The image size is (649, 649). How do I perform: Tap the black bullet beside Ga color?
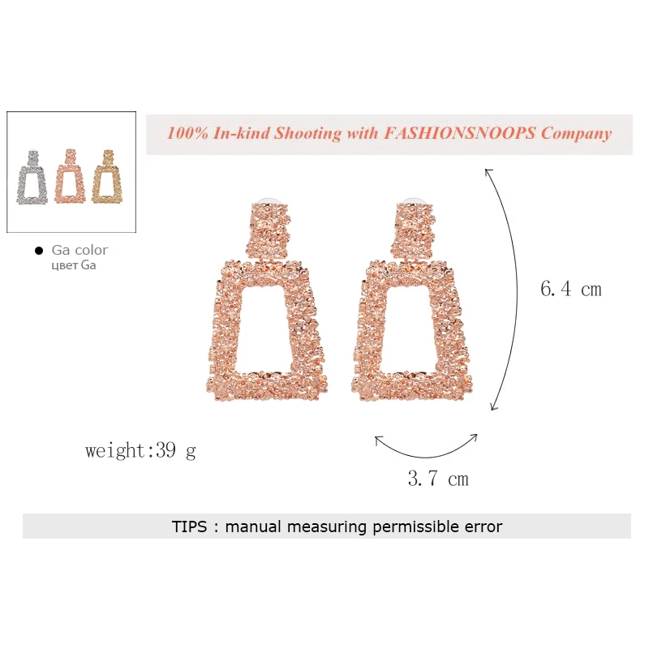(x=39, y=251)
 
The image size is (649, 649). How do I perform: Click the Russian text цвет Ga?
(x=74, y=265)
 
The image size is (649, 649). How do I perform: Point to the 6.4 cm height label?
(x=571, y=289)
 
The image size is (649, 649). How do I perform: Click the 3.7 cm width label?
(x=438, y=479)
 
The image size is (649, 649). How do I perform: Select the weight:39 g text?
(x=140, y=450)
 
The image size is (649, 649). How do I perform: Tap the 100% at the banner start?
(x=187, y=133)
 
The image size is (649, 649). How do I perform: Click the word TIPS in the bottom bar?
(x=189, y=527)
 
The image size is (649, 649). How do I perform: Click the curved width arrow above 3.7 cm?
(x=426, y=457)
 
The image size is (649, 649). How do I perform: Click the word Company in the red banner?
(x=576, y=134)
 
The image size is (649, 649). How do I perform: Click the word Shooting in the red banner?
(x=307, y=134)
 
